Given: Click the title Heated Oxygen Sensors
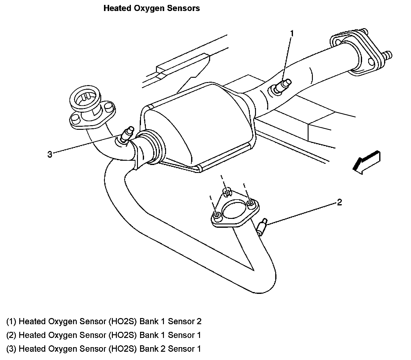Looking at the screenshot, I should coord(152,8).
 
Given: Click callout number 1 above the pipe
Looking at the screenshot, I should coord(292,33).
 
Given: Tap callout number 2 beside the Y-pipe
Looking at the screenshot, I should coord(339,202).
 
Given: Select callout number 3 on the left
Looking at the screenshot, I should coord(50,155).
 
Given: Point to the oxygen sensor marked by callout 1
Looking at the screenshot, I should coord(281,86).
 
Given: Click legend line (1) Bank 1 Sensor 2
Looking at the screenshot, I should coord(104,321).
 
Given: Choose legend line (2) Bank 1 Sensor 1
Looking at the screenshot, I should coord(104,335).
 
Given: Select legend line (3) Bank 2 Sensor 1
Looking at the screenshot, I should coord(104,349).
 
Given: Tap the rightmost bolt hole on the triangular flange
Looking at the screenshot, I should coord(251,202).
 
